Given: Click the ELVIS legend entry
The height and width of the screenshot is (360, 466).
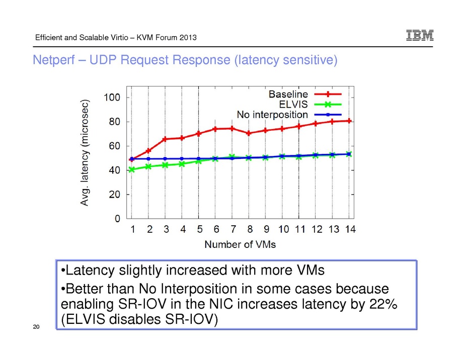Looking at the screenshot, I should click(x=293, y=104).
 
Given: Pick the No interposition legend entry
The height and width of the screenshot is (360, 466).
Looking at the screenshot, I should click(x=272, y=114).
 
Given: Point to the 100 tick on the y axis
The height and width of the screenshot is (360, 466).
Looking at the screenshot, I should click(x=112, y=97).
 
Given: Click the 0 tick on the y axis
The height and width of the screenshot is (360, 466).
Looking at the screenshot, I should click(x=117, y=219).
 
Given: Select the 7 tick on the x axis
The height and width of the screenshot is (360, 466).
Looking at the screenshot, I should click(x=232, y=230).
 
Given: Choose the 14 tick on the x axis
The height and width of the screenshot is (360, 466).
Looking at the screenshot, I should click(x=350, y=230).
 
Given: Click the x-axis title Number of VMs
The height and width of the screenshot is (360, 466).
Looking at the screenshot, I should click(x=240, y=245).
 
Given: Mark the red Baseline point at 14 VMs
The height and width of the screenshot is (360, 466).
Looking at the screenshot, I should click(x=349, y=121).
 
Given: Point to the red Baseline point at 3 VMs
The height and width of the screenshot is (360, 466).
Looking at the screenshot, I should click(x=165, y=139).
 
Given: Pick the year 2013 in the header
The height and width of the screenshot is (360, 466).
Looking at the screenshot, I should click(x=185, y=38).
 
